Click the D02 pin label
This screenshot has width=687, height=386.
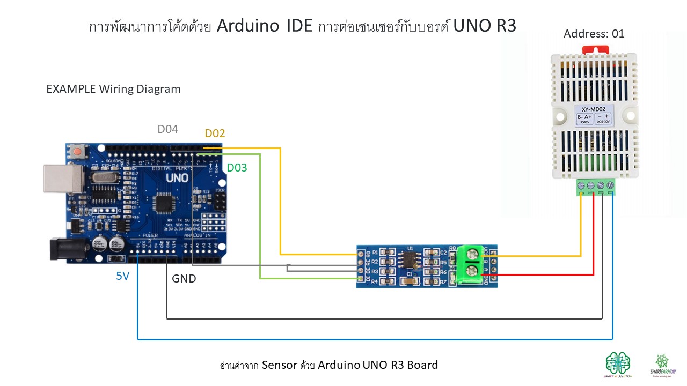pos(215,133)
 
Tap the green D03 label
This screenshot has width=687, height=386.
pos(237,168)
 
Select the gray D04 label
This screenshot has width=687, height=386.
pos(167,129)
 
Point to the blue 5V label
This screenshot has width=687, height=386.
pos(122,277)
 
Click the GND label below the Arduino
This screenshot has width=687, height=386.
pos(184,279)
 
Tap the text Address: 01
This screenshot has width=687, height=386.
pos(594,34)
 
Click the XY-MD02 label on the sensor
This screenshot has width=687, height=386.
pos(594,108)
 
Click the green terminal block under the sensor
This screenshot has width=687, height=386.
pos(596,187)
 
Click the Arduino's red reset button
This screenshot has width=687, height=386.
pos(78,152)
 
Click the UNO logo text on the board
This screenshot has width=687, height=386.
pos(177,177)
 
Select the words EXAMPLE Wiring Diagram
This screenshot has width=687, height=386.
pos(113,89)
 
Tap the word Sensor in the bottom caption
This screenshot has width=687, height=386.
pos(279,365)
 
